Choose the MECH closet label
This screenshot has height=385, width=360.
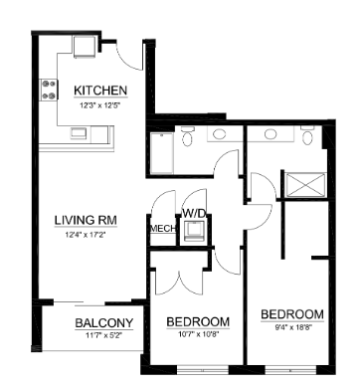[161, 229]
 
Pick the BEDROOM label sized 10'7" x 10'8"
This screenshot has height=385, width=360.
[199, 321]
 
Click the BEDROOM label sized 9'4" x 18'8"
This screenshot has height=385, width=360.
[293, 314]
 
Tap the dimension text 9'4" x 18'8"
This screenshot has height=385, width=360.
[293, 328]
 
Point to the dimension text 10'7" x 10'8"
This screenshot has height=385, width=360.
[199, 335]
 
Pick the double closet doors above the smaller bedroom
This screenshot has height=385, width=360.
[177, 277]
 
